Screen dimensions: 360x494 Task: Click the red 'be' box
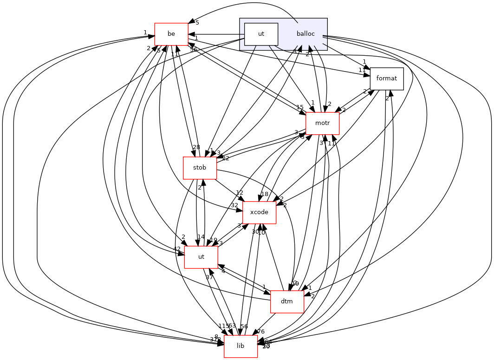[171, 34]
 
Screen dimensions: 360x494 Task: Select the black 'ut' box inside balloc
[261, 34]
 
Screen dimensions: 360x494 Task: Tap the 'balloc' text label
[305, 34]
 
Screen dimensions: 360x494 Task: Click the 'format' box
[386, 79]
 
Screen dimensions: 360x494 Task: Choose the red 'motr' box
[322, 123]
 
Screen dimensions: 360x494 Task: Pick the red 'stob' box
[200, 168]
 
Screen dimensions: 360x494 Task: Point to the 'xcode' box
[259, 212]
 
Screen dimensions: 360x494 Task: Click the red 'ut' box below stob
[201, 257]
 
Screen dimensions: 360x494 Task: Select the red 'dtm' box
[287, 301]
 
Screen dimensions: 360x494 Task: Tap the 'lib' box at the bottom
[240, 346]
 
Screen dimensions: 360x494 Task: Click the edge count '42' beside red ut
[177, 249]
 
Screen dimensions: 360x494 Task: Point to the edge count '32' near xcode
[234, 205]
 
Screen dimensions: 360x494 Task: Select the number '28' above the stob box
[196, 147]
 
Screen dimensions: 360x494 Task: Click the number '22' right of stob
[226, 158]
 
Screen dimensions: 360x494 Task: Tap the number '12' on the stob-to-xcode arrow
[240, 192]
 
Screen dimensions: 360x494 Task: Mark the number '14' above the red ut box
[201, 237]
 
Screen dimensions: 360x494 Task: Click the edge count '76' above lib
[261, 331]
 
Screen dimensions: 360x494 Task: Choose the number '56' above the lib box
[244, 326]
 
